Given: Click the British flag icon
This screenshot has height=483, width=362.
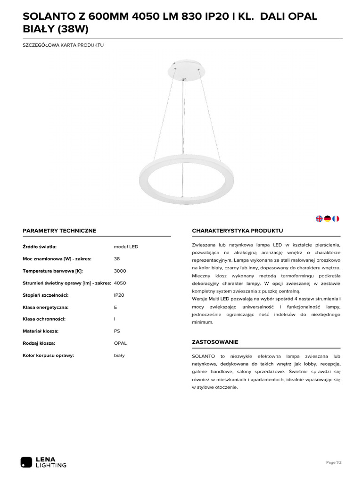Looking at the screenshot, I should click(x=319, y=218).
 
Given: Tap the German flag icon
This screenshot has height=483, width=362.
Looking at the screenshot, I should click(x=327, y=218).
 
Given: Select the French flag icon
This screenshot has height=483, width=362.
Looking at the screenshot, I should click(x=336, y=218).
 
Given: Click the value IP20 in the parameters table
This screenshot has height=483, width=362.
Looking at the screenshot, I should click(x=119, y=295).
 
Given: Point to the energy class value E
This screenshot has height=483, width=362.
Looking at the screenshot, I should click(x=115, y=307).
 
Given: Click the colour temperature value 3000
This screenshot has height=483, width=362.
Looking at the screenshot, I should click(x=120, y=271).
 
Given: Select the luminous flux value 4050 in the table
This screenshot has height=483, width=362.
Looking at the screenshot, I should click(x=120, y=283).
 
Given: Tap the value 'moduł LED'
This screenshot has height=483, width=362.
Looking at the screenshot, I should click(x=126, y=247).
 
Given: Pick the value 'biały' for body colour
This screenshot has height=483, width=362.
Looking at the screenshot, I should click(x=119, y=355).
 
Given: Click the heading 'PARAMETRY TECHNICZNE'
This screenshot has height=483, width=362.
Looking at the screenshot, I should click(x=59, y=231).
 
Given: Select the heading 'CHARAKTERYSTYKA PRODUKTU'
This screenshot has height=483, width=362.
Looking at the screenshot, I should click(x=237, y=231).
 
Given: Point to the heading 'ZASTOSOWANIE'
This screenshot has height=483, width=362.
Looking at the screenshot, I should click(x=215, y=341).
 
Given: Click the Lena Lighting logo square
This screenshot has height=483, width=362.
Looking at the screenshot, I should click(x=26, y=462).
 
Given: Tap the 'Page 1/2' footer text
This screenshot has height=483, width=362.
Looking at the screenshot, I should click(x=334, y=463).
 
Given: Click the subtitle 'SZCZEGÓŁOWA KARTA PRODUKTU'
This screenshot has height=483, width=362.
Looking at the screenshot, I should click(x=63, y=45).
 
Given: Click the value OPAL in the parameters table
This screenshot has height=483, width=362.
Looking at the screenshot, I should click(x=120, y=343).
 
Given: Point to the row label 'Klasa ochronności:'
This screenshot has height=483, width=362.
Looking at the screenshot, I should click(x=44, y=319).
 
